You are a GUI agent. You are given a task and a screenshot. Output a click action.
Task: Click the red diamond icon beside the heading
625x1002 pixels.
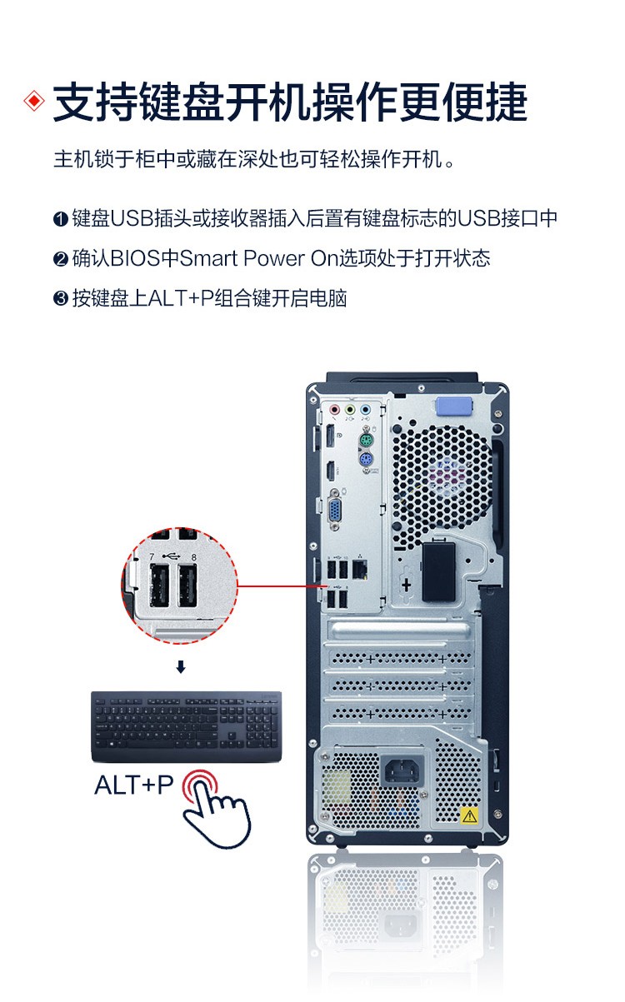pos(34,101)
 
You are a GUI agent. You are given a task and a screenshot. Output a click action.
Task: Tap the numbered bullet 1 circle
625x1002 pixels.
pos(60,219)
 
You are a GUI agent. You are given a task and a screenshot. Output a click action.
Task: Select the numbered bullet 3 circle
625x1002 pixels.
pos(60,298)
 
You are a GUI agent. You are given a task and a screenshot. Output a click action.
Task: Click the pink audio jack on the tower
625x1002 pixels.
pos(334,409)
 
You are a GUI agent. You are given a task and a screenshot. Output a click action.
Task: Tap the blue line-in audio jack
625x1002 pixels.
pos(366,409)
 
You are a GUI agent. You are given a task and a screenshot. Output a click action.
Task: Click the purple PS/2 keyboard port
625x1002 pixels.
pos(367,460)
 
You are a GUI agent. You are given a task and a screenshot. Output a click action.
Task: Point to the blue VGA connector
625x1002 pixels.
pos(336,510)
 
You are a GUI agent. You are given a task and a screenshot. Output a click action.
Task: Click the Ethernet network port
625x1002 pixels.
pos(360,570)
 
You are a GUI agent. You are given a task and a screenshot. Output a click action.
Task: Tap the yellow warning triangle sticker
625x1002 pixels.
pos(469,816)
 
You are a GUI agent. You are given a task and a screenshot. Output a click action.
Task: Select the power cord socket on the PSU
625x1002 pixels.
pos(402,770)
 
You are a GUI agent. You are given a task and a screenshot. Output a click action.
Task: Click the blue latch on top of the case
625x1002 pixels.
pos(454,406)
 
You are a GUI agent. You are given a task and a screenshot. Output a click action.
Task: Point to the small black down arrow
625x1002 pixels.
pos(181,667)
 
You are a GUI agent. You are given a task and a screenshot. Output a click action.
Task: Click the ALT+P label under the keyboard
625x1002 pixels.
pos(134,785)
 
